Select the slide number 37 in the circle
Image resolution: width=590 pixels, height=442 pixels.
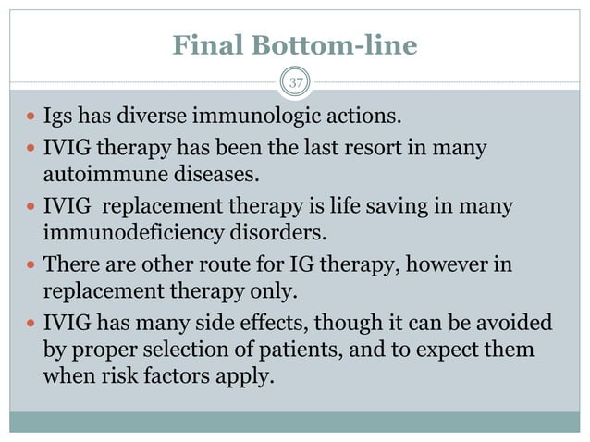(295, 84)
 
